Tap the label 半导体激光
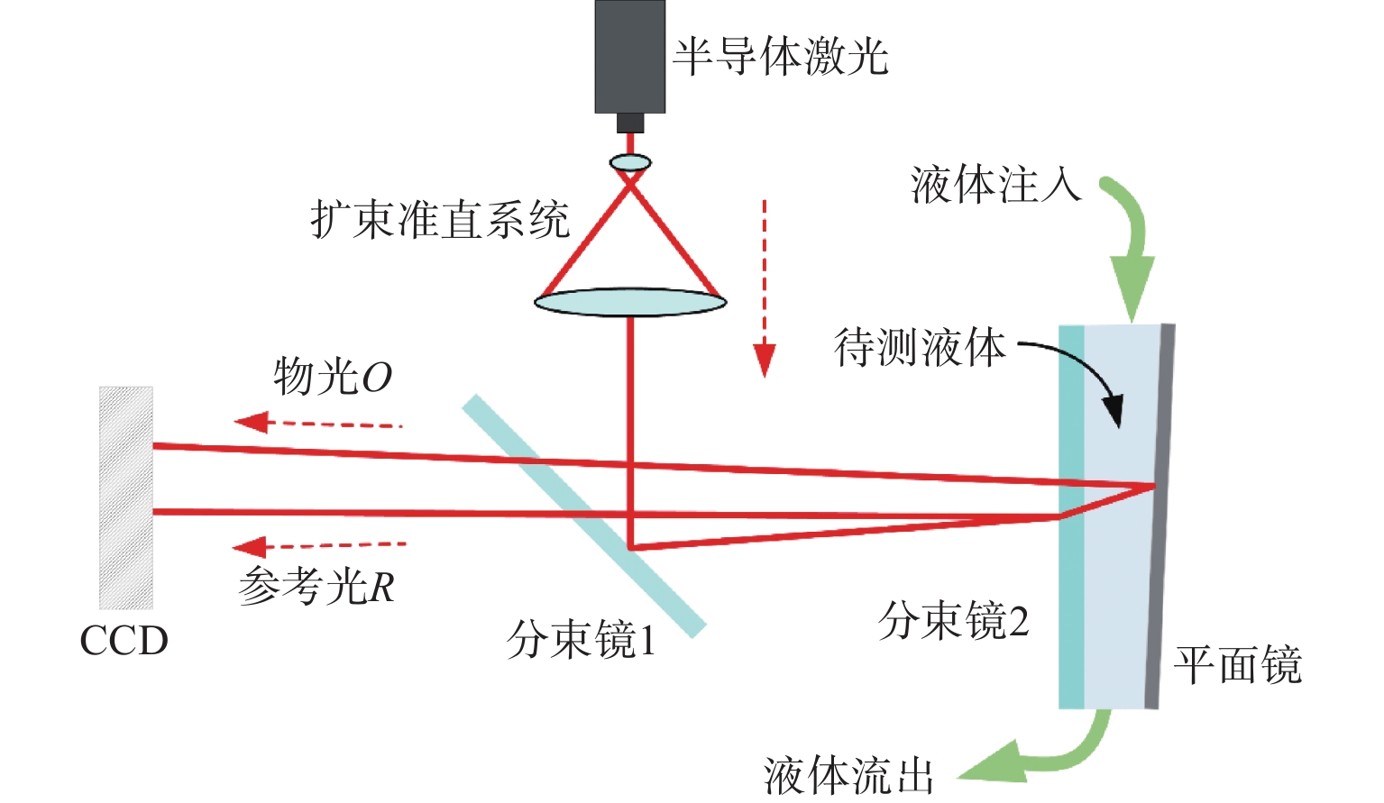coord(781,57)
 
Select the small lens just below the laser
coord(630,163)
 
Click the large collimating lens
coord(630,302)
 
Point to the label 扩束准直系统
coord(440,220)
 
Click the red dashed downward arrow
coord(765,288)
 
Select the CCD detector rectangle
coord(126,497)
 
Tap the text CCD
coord(124,641)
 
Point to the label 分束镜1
coord(582,641)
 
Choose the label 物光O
coord(333,377)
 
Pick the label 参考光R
coord(316,587)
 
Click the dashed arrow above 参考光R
coord(319,545)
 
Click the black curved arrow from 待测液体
coord(1081,373)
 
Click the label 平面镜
coord(1237,666)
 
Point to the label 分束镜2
coord(954,621)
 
